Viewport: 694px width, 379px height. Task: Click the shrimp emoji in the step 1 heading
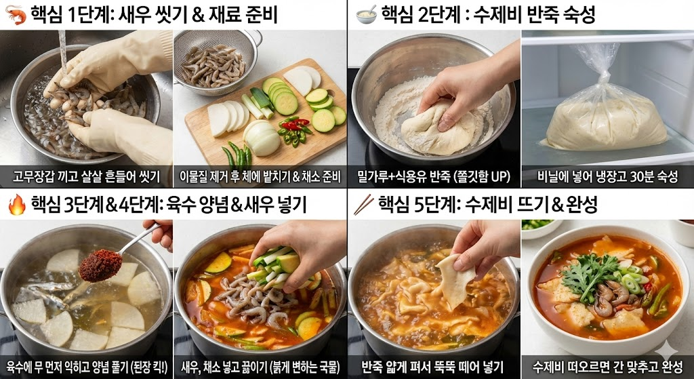(16, 15)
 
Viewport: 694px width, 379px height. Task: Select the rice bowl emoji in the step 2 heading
(366, 15)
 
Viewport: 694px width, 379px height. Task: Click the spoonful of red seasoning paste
(100, 264)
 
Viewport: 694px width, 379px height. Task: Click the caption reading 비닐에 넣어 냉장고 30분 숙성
(607, 177)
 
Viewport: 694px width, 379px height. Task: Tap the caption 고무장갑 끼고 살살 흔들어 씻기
(85, 177)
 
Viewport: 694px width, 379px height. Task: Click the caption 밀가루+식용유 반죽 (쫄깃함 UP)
(434, 177)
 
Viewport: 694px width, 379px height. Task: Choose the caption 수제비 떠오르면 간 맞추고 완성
(607, 367)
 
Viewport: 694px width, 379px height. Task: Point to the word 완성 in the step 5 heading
(579, 203)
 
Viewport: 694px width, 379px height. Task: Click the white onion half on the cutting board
(263, 139)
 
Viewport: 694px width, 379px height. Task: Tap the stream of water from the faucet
(62, 47)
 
